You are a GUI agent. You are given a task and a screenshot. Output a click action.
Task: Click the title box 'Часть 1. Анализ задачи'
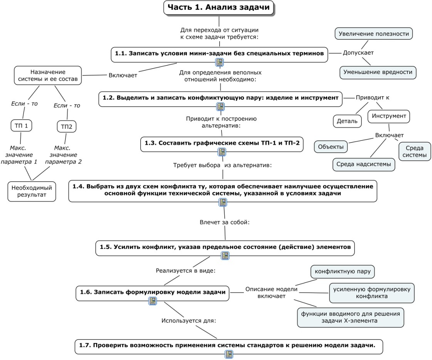(219, 7)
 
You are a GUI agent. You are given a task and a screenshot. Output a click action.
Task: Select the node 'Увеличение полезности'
(373, 34)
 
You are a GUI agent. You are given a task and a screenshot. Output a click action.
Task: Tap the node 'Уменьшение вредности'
(378, 72)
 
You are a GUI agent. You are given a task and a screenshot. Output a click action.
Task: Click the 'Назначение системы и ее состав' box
(48, 75)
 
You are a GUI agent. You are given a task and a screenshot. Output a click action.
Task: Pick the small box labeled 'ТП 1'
(21, 126)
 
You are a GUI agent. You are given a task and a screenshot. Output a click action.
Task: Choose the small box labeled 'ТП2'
(66, 126)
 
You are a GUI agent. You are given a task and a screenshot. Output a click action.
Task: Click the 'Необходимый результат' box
(32, 191)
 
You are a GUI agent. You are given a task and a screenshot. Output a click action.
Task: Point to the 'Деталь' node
(347, 121)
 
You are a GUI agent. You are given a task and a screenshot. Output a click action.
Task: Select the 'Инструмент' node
(389, 116)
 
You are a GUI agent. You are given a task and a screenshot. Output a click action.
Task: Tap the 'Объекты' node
(331, 146)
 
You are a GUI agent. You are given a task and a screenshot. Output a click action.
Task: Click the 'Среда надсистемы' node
(364, 164)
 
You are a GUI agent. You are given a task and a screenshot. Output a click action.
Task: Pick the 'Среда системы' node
(414, 151)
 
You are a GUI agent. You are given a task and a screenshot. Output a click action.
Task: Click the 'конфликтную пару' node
(343, 271)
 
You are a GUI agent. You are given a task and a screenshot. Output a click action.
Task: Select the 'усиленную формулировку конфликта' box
(371, 293)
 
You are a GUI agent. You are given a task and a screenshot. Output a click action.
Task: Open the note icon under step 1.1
(219, 62)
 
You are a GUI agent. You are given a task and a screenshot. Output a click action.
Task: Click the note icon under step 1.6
(153, 301)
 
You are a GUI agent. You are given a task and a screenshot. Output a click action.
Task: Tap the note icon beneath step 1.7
(229, 354)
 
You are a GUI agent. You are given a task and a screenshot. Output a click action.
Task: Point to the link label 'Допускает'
(358, 53)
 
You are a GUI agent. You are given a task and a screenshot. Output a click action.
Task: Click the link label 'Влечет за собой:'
(225, 222)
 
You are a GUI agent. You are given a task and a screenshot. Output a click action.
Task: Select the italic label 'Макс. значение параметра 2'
(63, 155)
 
